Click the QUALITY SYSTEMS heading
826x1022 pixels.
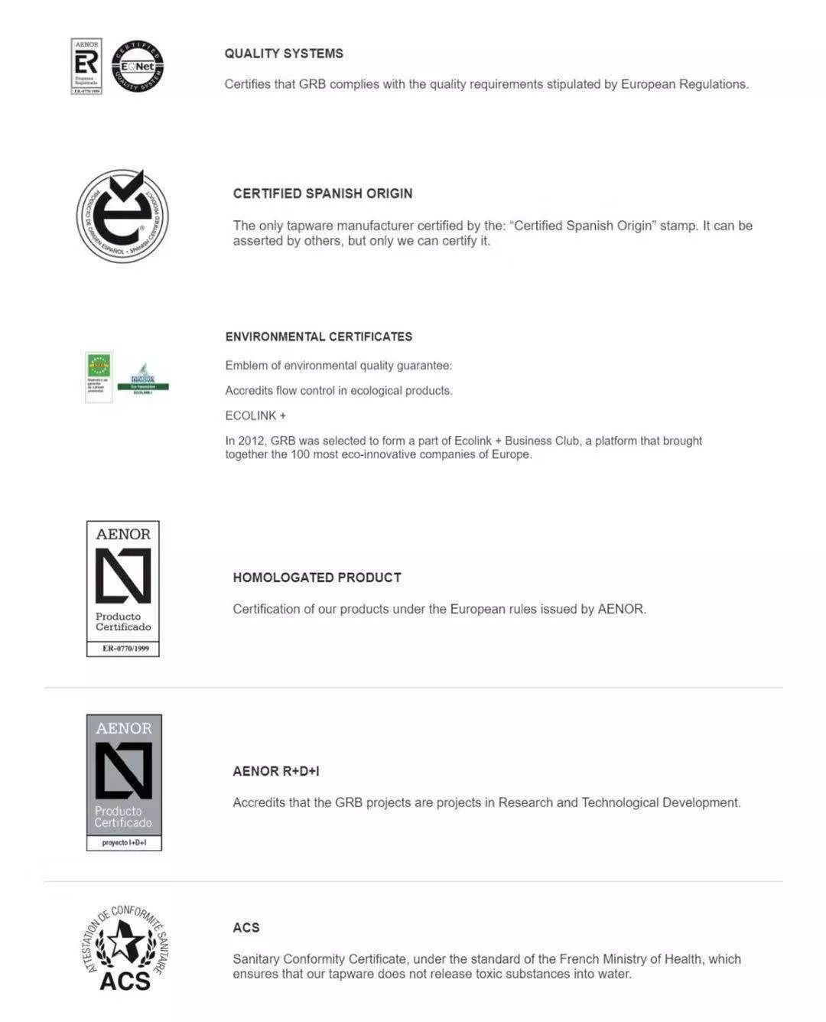coord(284,54)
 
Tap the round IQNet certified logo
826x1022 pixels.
coord(138,67)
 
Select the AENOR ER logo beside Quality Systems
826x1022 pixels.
coord(86,67)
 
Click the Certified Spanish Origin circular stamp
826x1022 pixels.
coord(122,216)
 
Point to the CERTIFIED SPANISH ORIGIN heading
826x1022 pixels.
coord(322,194)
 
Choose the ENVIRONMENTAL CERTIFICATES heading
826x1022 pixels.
coord(318,337)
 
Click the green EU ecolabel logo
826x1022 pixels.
coord(99,376)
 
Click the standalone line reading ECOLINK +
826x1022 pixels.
coord(255,415)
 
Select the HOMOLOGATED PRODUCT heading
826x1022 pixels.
coord(317,578)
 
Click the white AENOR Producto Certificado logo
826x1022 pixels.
coord(123,581)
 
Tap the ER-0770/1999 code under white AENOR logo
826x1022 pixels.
coord(123,649)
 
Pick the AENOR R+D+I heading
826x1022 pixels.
coord(275,771)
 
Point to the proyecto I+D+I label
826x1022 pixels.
coord(124,843)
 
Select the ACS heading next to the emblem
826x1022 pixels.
coord(246,928)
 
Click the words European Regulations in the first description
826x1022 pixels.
coord(684,84)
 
